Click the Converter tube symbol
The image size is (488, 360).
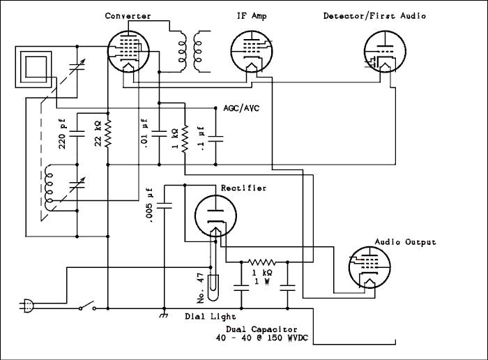(129, 51)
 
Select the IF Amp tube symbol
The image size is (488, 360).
(250, 51)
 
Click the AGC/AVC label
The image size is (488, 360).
(241, 110)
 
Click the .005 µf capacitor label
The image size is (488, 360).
(149, 206)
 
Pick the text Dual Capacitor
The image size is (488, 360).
(261, 329)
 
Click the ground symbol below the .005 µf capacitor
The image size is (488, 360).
(164, 315)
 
